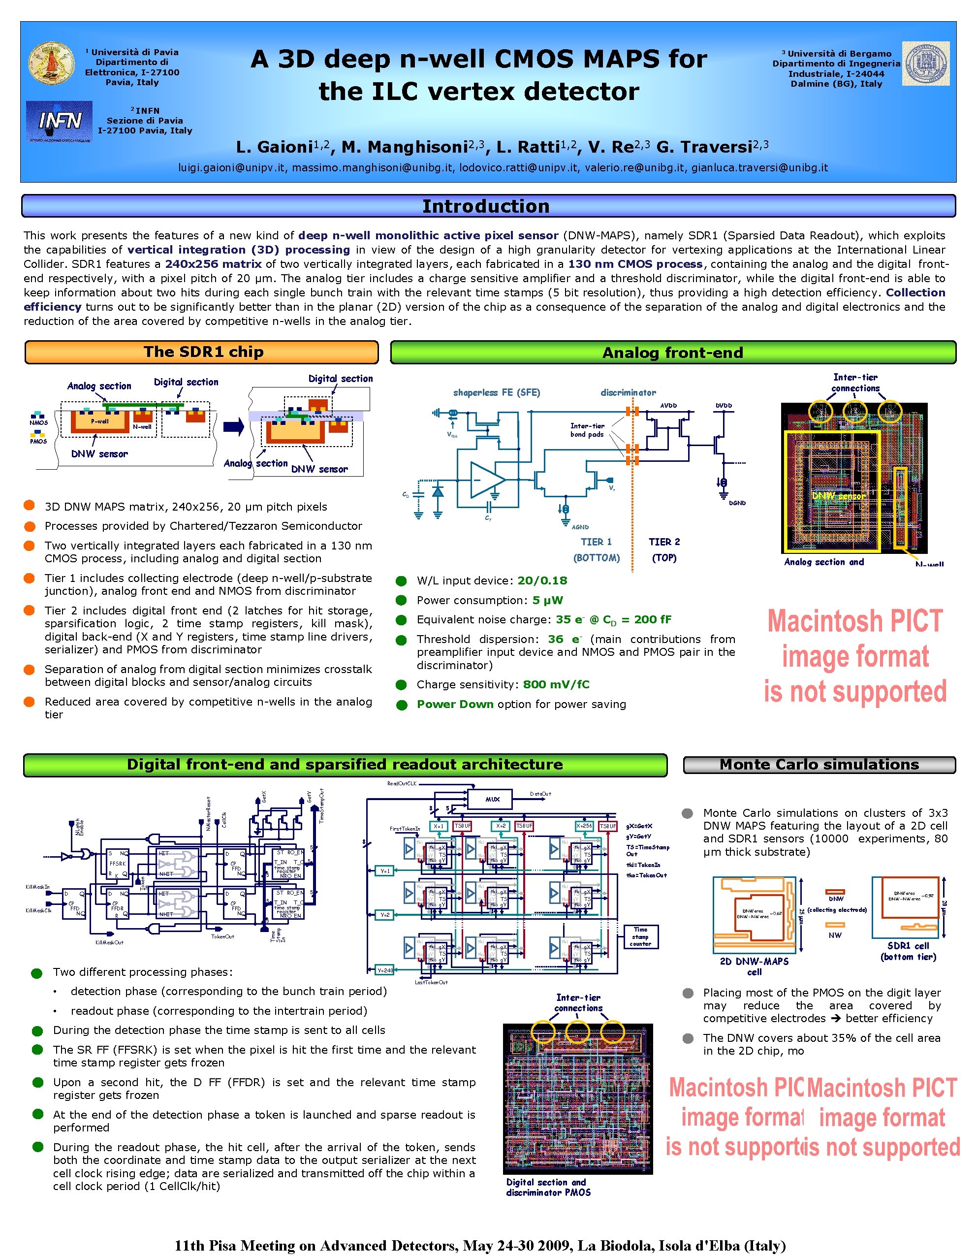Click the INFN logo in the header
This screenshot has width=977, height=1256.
click(59, 121)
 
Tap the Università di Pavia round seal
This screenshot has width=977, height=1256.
click(52, 63)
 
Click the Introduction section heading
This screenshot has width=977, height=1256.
click(486, 206)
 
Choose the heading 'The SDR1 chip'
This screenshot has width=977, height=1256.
click(203, 352)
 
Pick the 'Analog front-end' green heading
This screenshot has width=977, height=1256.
click(672, 353)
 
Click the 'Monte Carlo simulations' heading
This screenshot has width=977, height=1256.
click(819, 764)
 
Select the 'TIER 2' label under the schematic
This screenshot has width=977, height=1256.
click(664, 542)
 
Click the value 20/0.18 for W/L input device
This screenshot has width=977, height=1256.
click(542, 580)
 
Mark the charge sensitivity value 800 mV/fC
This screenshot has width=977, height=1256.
click(556, 684)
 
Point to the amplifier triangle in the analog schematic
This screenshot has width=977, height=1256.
click(486, 479)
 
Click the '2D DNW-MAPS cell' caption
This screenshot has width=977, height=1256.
click(754, 966)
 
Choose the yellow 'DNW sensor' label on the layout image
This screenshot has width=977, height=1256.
click(837, 496)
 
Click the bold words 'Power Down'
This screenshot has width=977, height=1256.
click(455, 704)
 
